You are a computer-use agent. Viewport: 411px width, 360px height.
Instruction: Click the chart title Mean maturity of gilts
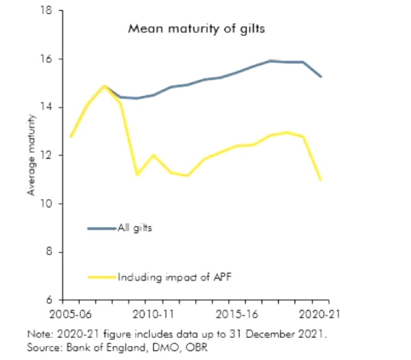pyautogui.click(x=196, y=29)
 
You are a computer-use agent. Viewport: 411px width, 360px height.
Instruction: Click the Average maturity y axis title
pyautogui.click(x=31, y=154)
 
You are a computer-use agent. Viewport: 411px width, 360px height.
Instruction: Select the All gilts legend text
pyautogui.click(x=135, y=228)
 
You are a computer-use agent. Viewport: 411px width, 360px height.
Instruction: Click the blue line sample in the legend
pyautogui.click(x=102, y=228)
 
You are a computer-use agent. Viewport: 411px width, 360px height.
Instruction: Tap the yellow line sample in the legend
pyautogui.click(x=102, y=276)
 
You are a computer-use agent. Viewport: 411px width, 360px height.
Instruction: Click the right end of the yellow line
pyautogui.click(x=320, y=179)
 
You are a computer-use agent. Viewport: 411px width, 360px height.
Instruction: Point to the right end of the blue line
pyautogui.click(x=320, y=77)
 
